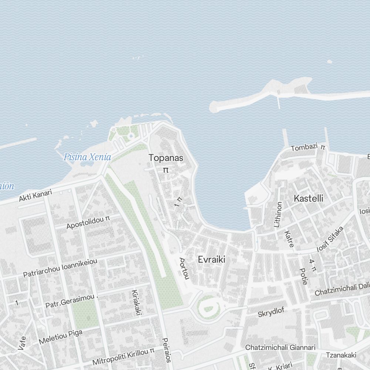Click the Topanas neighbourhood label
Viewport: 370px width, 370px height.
[166, 158]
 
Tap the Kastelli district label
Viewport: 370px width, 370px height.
[308, 198]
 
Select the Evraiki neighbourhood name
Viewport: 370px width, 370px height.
[211, 259]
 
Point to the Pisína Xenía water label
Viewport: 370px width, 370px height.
[87, 157]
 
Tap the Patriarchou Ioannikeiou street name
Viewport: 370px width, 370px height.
[60, 268]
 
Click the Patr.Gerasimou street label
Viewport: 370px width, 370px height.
[70, 302]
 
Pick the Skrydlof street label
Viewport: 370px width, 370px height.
[271, 312]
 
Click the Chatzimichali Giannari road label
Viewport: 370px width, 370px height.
[280, 347]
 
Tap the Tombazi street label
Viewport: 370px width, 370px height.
[305, 148]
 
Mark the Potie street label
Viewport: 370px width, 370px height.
[303, 276]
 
